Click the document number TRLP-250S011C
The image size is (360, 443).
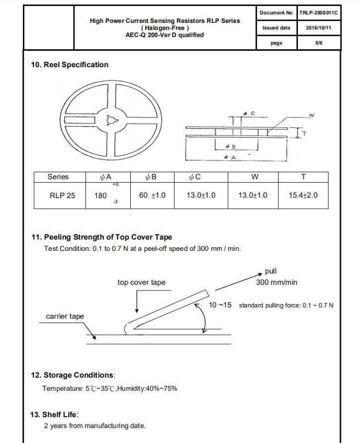click(319, 12)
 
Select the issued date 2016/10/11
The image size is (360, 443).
click(319, 28)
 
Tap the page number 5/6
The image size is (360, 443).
click(319, 43)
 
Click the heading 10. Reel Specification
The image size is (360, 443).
click(70, 65)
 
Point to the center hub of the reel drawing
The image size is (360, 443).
click(110, 119)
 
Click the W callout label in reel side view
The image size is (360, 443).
click(312, 115)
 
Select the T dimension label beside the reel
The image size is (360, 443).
click(304, 133)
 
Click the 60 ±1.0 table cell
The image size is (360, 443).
click(152, 196)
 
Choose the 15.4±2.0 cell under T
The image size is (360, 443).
click(303, 196)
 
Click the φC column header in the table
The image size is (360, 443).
click(195, 177)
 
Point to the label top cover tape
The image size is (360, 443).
click(141, 282)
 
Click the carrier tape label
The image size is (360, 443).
click(65, 317)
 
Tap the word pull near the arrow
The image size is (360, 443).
click(271, 271)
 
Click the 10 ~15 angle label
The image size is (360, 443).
click(220, 305)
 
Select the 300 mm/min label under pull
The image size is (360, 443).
click(276, 282)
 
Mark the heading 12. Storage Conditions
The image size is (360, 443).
click(73, 375)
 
